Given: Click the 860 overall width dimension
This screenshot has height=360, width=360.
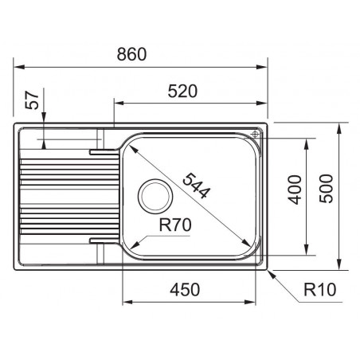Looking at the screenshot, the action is tap(131, 54).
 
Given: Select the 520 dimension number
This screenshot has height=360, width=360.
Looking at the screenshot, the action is tap(182, 92).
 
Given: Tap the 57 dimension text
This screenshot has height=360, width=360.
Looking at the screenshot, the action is tap(32, 100).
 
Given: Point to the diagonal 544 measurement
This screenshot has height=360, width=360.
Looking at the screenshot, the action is tap(197, 186).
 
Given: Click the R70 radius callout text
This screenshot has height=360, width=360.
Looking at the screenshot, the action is tap(175, 225).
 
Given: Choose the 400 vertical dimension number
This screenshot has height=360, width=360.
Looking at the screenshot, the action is tap(295, 190).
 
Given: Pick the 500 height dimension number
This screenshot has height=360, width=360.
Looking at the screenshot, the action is tap(326, 189).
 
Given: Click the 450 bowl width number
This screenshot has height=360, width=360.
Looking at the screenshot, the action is tap(185, 290).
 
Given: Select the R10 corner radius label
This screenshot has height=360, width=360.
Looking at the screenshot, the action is tap(320, 289).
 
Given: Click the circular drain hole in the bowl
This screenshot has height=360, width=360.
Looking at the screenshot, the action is tap(155, 196).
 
